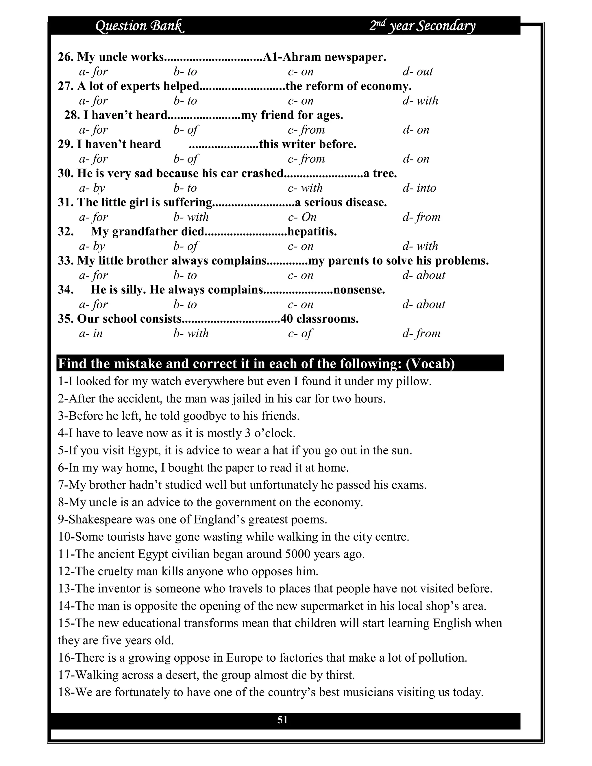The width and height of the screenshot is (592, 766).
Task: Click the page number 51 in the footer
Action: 282,720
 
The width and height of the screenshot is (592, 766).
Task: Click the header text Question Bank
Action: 140,26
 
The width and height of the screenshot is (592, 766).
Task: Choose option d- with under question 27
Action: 420,101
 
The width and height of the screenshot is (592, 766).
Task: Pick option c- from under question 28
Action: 306,130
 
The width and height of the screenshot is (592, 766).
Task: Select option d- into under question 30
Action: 419,188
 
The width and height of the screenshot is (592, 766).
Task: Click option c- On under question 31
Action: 302,217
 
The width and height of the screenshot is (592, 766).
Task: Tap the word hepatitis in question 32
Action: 312,232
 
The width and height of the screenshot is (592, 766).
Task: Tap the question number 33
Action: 66,261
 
